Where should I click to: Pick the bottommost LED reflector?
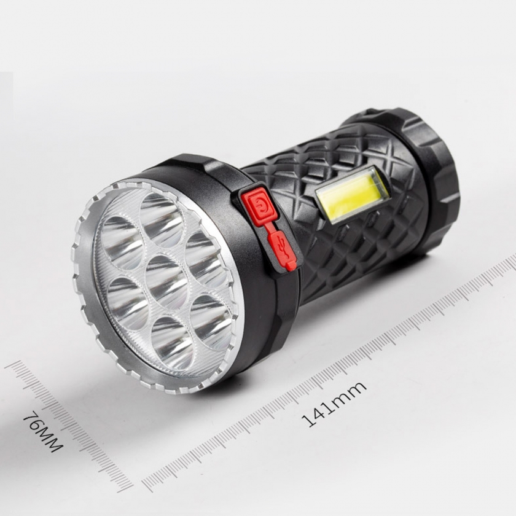172,343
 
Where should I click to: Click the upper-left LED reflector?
122,243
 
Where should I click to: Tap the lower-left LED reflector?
128,303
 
